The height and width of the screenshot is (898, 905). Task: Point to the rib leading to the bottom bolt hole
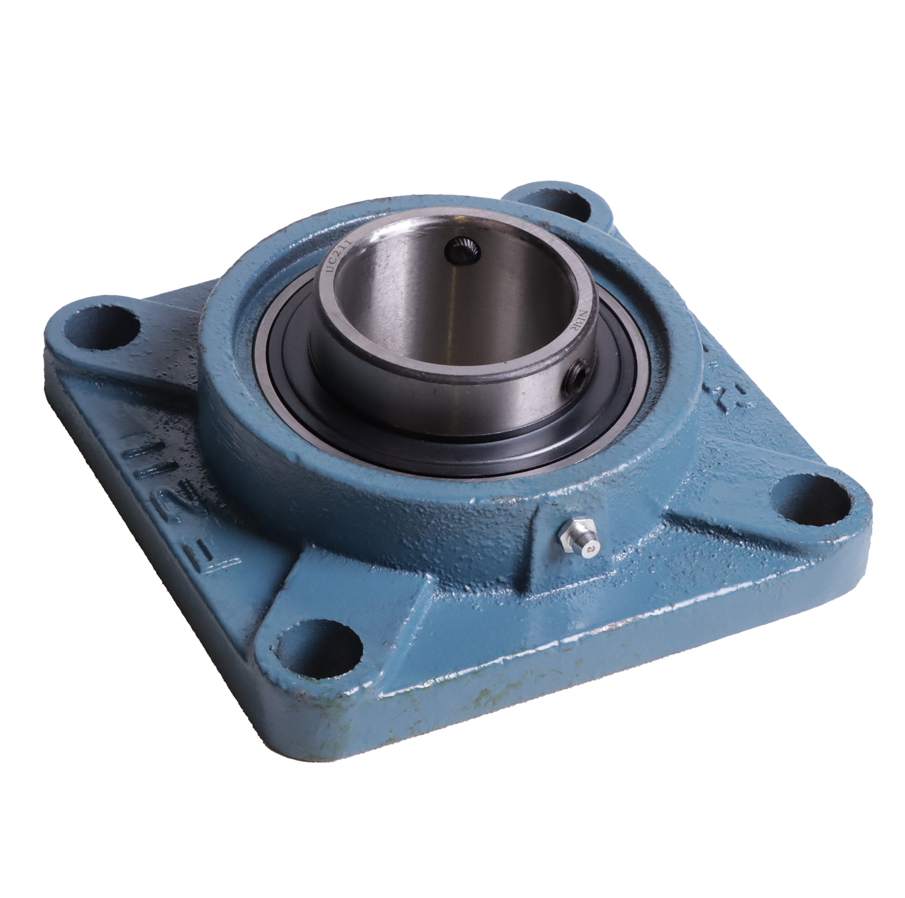[386, 597]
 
